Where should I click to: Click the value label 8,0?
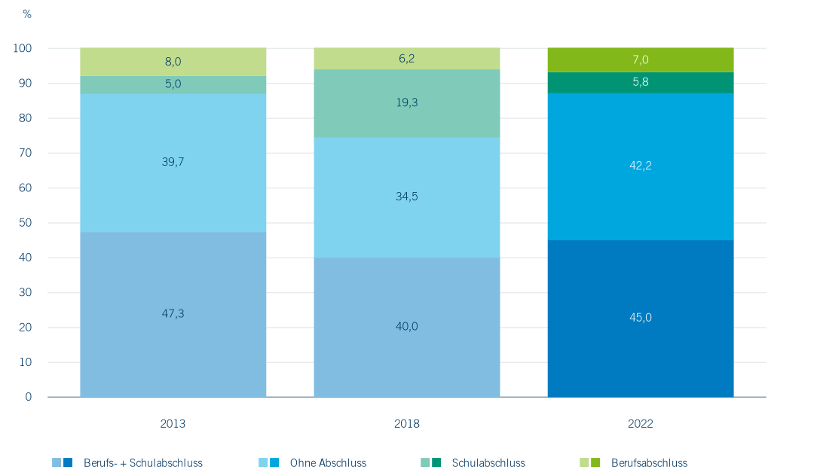tap(173, 63)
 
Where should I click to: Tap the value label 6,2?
tap(406, 57)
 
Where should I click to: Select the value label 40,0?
tap(406, 326)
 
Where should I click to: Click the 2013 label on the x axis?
tap(173, 424)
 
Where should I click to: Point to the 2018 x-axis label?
tap(406, 424)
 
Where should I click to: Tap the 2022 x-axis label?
tap(640, 424)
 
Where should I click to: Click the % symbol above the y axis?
tap(27, 14)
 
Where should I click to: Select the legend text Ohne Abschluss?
tap(328, 463)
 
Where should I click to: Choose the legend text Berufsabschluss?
tap(649, 463)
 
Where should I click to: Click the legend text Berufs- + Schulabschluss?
tap(143, 463)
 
